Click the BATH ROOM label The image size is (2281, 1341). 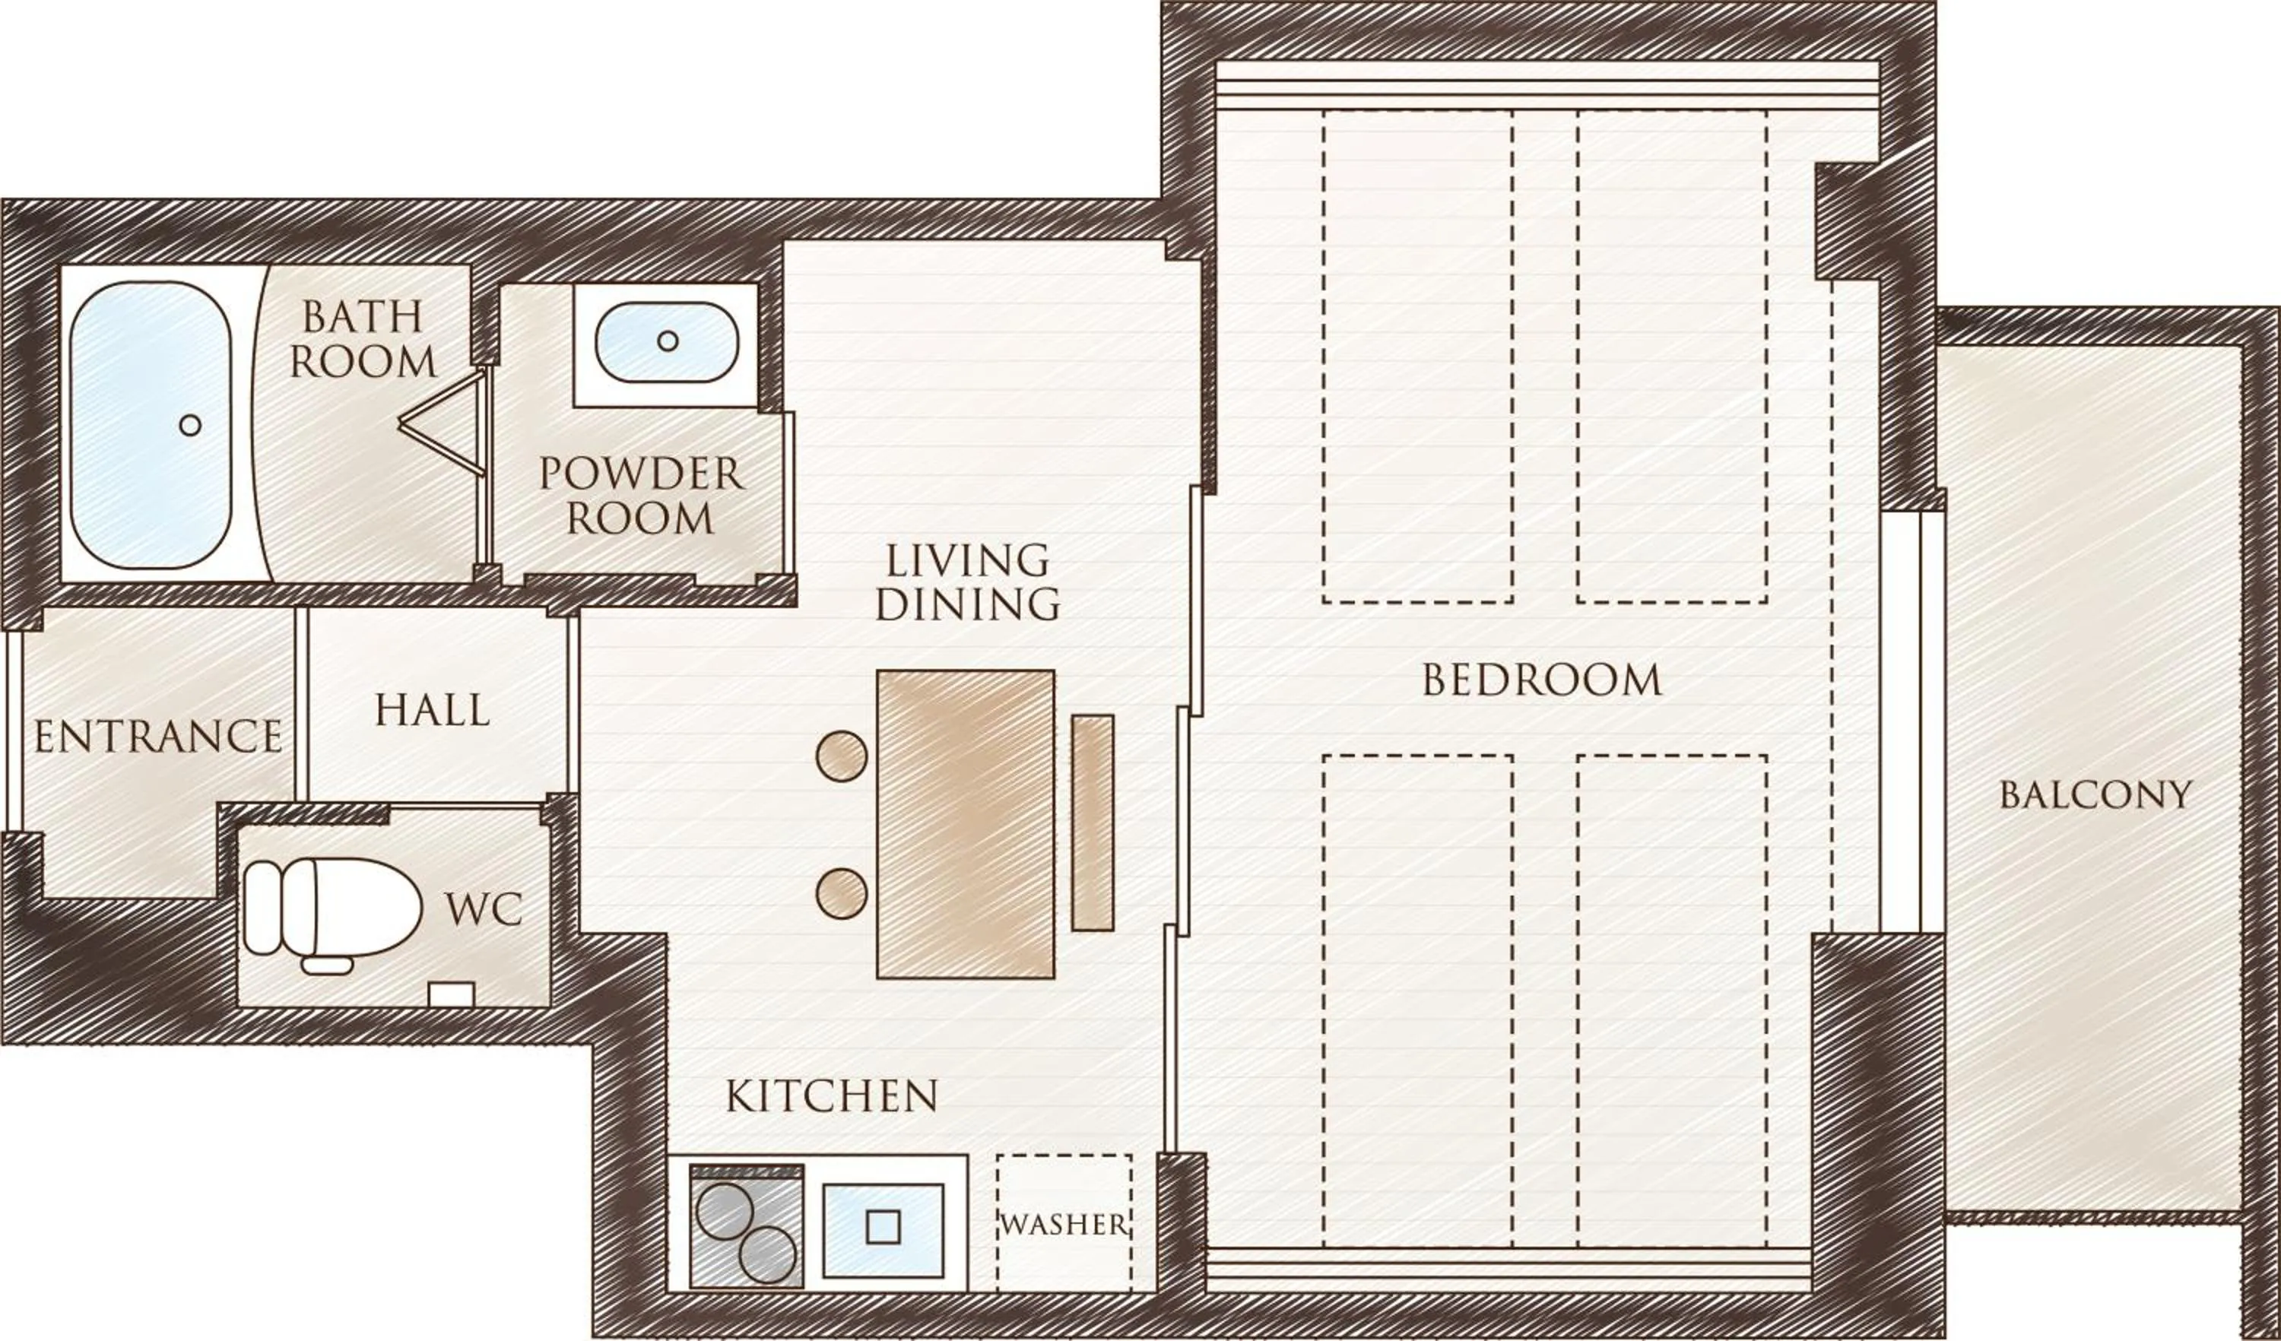[x=363, y=339]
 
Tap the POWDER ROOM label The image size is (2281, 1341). [x=640, y=496]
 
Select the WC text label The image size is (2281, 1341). [x=484, y=908]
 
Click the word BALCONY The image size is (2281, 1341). [x=2095, y=795]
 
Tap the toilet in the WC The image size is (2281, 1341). [x=333, y=908]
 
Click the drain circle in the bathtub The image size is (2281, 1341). [x=190, y=424]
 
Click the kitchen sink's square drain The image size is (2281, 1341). [x=883, y=1226]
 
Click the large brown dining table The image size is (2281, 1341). [x=966, y=824]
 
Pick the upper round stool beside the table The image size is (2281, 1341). [x=841, y=756]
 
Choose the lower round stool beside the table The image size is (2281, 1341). [x=841, y=893]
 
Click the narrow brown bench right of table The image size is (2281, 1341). [x=1093, y=823]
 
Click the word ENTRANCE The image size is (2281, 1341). [x=158, y=737]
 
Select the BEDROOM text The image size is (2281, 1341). [x=1541, y=680]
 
